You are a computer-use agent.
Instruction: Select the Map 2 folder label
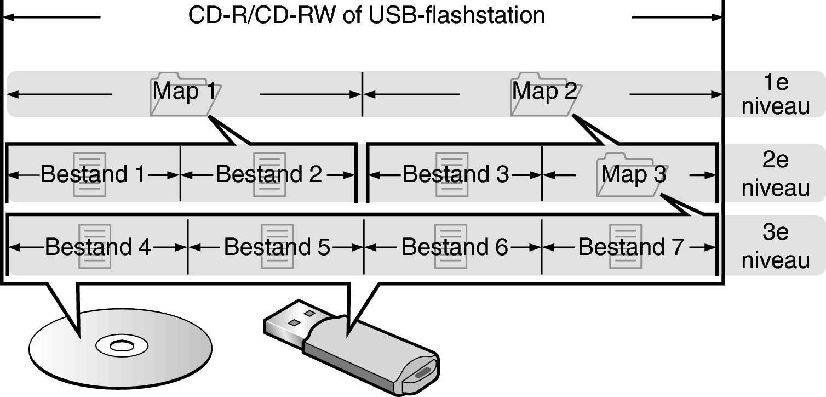[x=544, y=92]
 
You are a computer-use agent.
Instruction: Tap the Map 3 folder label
[x=633, y=174]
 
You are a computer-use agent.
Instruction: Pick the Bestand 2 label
[x=269, y=174]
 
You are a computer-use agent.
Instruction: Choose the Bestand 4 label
[x=97, y=247]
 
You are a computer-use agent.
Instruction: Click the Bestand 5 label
[x=277, y=247]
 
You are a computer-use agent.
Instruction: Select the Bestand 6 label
[x=455, y=247]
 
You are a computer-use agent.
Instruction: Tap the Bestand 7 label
[x=631, y=247]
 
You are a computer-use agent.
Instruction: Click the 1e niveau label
[x=775, y=94]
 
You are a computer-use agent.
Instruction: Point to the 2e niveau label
[x=775, y=174]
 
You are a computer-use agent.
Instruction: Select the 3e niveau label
[x=775, y=247]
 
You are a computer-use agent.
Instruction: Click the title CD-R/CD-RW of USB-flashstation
[x=366, y=15]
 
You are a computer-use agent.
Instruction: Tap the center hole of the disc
[x=114, y=346]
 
